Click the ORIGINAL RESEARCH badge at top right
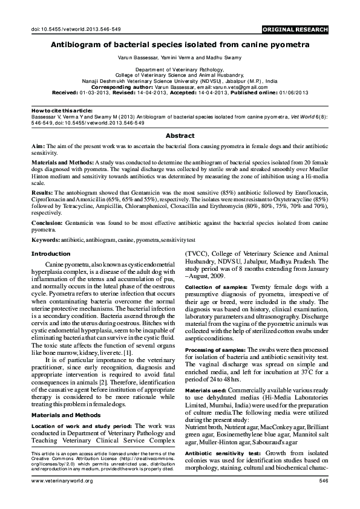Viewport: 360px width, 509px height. [x=295, y=30]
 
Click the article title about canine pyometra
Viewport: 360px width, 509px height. [x=179, y=44]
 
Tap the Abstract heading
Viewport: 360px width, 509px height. [x=180, y=136]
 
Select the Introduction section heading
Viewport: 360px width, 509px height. [x=51, y=254]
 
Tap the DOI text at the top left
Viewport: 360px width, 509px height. [x=71, y=30]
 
